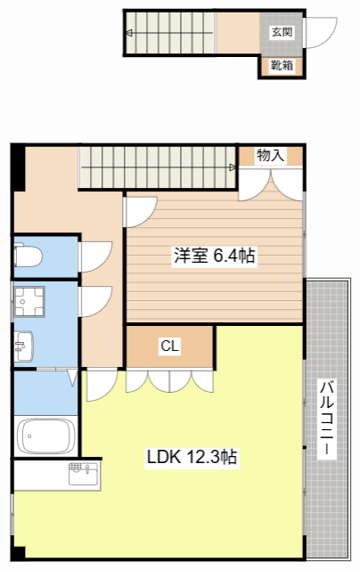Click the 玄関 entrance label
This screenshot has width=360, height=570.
pos(282,32)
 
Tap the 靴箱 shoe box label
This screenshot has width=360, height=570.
pos(282,66)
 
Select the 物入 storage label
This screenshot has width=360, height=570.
pos(270,155)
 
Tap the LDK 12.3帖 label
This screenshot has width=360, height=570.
pos(192,458)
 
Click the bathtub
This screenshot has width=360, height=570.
pos(47,436)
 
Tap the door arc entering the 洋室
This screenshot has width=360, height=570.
pos(140,210)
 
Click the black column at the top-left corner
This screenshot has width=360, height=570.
pos(17,165)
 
